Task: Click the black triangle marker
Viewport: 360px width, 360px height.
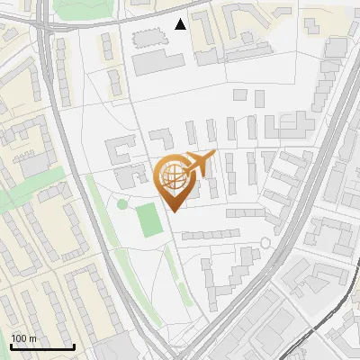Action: coord(181,24)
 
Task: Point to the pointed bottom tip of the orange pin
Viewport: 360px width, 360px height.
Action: coord(173,211)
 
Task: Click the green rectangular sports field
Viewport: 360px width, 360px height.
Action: coord(148,220)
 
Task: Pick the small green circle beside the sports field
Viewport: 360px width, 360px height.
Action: coord(122,204)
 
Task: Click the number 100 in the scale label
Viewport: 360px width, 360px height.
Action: coord(19,338)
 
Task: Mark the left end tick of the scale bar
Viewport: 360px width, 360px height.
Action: coord(10,346)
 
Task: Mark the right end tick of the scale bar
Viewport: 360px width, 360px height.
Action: coord(74,346)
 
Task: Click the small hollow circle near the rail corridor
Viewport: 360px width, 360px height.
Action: coord(265,243)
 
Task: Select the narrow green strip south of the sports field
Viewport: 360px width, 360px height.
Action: coord(169,265)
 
